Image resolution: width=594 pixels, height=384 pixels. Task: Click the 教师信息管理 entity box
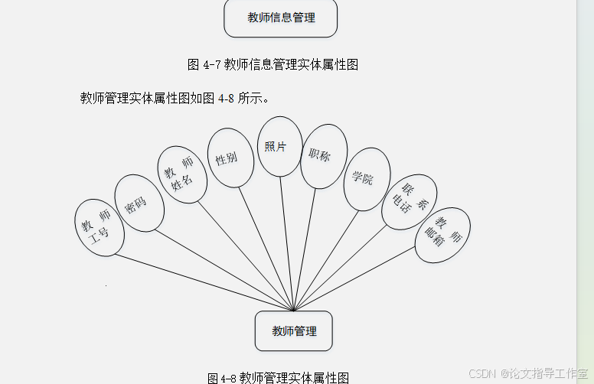[x=280, y=18]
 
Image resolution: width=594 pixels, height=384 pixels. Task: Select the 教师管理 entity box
[x=293, y=331]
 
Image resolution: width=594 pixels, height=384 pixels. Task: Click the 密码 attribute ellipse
[x=138, y=203]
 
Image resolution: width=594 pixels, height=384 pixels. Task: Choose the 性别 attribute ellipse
[x=230, y=158]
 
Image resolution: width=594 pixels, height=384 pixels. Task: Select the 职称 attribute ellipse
[x=323, y=156]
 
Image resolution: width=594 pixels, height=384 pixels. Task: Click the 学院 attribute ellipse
[x=366, y=179]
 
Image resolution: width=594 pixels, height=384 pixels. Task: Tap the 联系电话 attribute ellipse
[x=409, y=201]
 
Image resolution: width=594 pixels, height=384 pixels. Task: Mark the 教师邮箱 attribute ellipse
[x=442, y=235]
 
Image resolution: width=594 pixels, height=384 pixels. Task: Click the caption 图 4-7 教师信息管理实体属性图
[x=273, y=65]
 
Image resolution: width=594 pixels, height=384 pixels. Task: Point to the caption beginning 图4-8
[x=279, y=377]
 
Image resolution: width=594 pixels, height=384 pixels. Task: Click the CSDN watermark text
[x=529, y=373]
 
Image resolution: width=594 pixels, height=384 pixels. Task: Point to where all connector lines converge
[x=293, y=310]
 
